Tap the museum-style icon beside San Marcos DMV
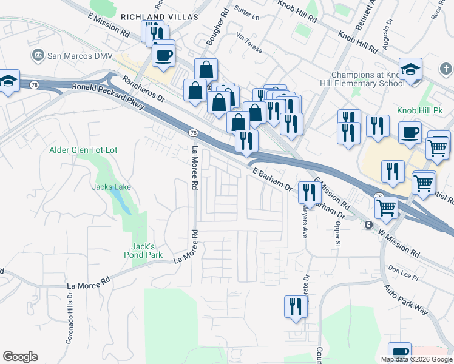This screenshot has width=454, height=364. click(38, 56)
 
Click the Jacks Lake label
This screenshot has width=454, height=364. click(111, 187)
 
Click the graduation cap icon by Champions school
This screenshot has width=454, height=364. click(410, 69)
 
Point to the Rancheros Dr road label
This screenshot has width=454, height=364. click(143, 88)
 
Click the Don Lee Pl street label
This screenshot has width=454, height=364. click(404, 274)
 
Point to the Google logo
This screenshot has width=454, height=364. click(21, 357)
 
